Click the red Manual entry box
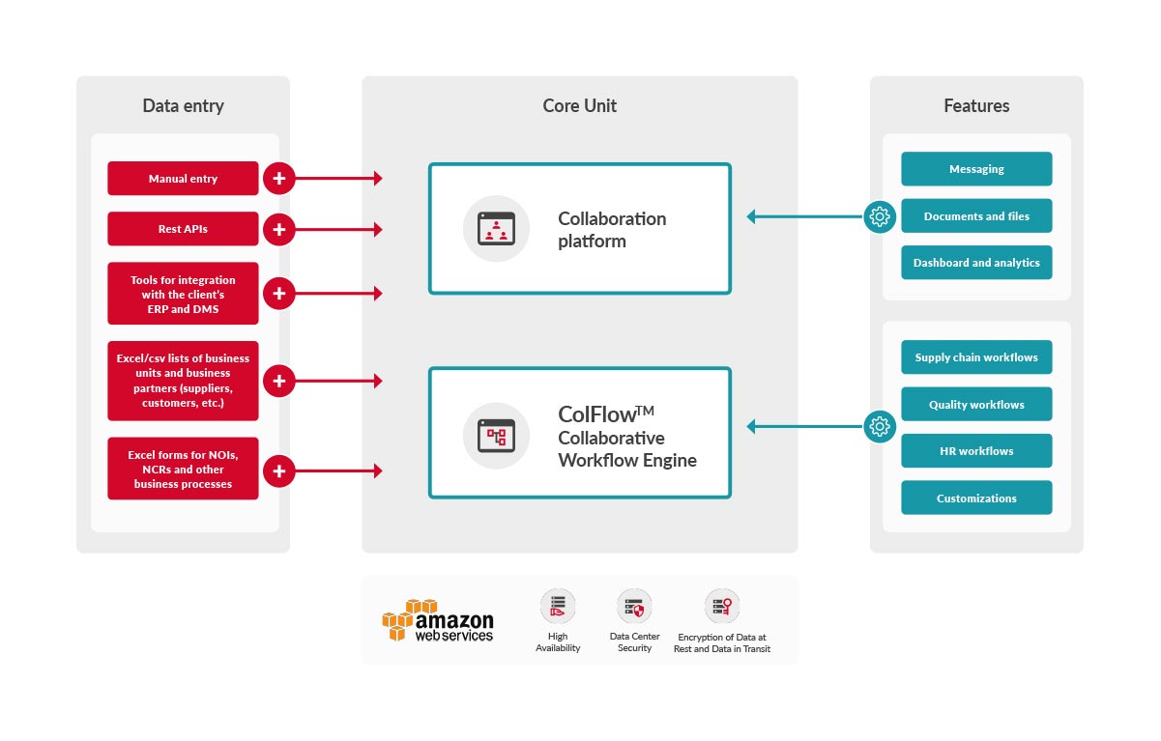click(183, 179)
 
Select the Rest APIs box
click(183, 229)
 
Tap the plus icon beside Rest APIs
click(279, 229)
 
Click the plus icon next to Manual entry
click(279, 179)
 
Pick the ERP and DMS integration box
click(183, 294)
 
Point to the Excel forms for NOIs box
click(183, 470)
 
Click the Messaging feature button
click(976, 169)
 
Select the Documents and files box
click(976, 216)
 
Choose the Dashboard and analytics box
click(976, 263)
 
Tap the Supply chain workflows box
click(976, 357)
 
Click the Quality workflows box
click(976, 405)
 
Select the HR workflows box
click(976, 451)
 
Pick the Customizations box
click(976, 499)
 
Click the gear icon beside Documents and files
click(880, 216)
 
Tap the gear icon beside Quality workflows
click(880, 425)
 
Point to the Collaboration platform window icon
click(496, 229)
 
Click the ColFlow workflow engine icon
click(496, 436)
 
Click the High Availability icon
click(558, 606)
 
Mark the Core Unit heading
click(580, 106)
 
